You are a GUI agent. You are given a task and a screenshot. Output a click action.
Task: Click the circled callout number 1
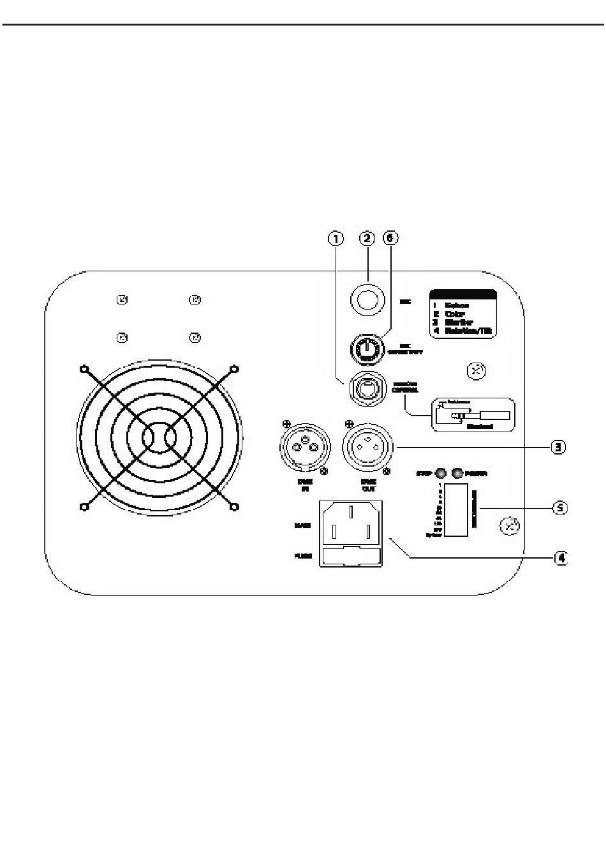(336, 239)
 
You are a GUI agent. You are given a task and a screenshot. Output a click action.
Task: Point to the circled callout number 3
(558, 447)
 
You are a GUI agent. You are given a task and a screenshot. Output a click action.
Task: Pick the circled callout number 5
(559, 508)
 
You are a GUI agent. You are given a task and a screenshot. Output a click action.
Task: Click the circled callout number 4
(559, 558)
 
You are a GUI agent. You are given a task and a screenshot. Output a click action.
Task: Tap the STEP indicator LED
(440, 474)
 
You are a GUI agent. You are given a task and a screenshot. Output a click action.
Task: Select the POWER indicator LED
(457, 474)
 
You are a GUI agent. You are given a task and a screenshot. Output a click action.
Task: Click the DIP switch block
(457, 510)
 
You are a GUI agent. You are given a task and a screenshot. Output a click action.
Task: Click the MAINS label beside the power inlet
(302, 525)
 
